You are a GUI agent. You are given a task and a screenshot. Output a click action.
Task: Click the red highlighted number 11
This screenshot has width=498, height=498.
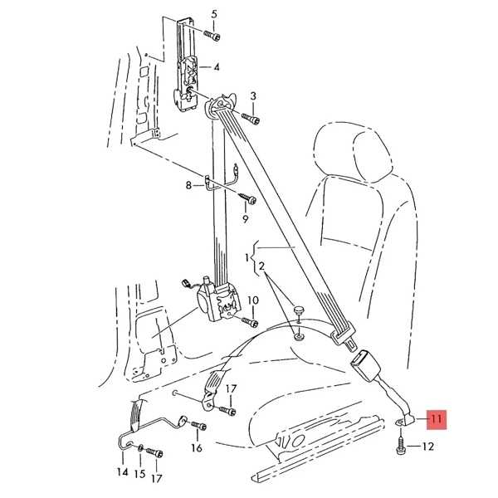pyautogui.click(x=437, y=419)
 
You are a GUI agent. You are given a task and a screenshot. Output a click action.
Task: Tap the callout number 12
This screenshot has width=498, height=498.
pyautogui.click(x=427, y=447)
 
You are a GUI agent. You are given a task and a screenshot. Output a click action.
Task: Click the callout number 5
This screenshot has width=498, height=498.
pyautogui.click(x=214, y=15)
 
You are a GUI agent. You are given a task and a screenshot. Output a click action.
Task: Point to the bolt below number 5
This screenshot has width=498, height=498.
pyautogui.click(x=212, y=36)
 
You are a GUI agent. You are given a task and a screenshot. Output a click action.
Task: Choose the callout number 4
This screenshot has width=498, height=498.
pyautogui.click(x=217, y=67)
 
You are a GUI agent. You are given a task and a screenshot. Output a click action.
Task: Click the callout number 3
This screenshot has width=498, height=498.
pyautogui.click(x=253, y=96)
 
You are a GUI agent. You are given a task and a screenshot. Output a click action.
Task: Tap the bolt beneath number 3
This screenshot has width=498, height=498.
pyautogui.click(x=251, y=119)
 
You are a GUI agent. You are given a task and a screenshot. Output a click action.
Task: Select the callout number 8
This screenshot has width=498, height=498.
pyautogui.click(x=188, y=185)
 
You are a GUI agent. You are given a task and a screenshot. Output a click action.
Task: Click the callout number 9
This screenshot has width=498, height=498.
pyautogui.click(x=246, y=219)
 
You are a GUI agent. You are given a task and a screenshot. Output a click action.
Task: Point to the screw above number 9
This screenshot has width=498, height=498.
pyautogui.click(x=247, y=198)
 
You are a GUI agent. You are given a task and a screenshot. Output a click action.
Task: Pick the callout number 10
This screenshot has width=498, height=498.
pyautogui.click(x=253, y=300)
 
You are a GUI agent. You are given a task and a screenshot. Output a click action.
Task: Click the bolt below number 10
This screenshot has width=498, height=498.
pyautogui.click(x=250, y=322)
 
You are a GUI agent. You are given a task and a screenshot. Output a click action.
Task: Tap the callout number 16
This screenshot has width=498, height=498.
pyautogui.click(x=197, y=448)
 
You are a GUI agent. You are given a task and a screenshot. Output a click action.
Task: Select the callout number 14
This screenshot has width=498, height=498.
pyautogui.click(x=123, y=472)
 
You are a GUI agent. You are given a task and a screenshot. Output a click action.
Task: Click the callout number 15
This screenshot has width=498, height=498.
pyautogui.click(x=139, y=474)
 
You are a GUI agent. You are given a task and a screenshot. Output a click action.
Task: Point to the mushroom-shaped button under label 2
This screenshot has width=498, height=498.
pyautogui.click(x=299, y=310)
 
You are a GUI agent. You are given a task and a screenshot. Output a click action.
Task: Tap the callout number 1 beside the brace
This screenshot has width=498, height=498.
pyautogui.click(x=247, y=258)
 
